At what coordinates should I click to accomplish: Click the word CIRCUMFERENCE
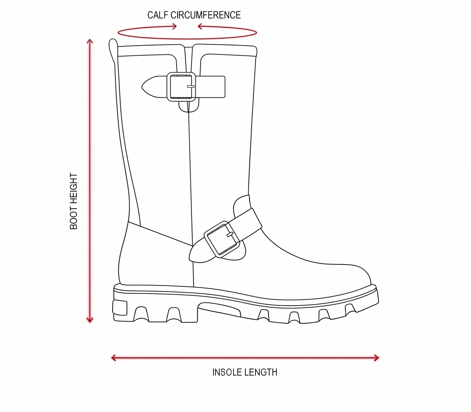pos(206,15)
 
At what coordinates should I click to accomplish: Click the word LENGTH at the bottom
pos(261,372)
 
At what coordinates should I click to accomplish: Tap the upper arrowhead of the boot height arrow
pos(90,41)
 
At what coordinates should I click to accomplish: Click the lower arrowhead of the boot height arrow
pos(90,320)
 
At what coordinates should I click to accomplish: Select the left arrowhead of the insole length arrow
pos(114,358)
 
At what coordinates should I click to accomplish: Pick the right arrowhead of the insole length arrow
pos(377,358)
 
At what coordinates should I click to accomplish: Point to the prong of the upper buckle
pos(191,87)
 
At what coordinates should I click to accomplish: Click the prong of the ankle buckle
pos(230,235)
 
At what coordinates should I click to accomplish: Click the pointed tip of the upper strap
pos(142,87)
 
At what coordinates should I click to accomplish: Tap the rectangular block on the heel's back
pos(120,308)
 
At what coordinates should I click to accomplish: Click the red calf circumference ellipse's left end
pos(118,33)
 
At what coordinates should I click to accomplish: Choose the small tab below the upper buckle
pos(189,107)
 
